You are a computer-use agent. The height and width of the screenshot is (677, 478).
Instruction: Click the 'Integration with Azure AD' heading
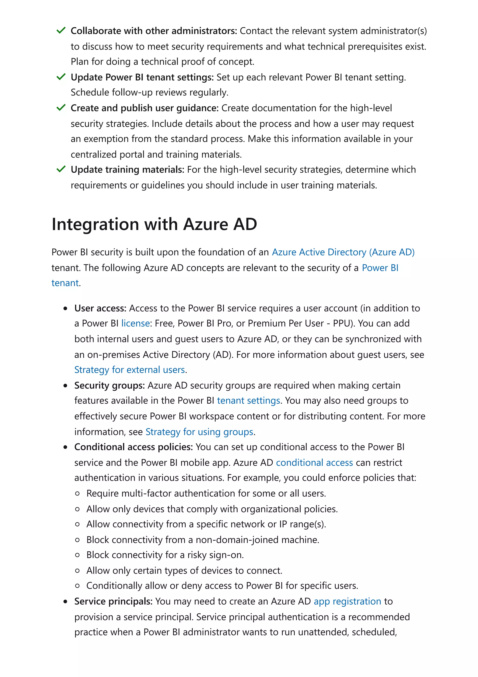click(x=154, y=224)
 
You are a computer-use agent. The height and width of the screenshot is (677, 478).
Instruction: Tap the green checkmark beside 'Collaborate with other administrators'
click(x=61, y=30)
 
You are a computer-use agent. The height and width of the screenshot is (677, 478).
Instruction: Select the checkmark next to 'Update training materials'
click(x=61, y=169)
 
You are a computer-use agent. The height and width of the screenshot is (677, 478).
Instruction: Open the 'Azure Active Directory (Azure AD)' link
click(x=343, y=252)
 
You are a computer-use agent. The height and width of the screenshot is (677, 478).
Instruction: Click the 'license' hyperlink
click(x=135, y=324)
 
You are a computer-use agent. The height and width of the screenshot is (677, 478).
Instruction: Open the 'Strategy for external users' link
click(x=129, y=370)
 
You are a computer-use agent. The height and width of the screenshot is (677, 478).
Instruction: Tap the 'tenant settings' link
click(x=248, y=401)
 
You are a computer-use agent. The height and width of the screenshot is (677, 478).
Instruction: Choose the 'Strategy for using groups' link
click(x=199, y=432)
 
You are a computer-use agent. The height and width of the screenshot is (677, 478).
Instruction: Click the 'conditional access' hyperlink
click(x=314, y=463)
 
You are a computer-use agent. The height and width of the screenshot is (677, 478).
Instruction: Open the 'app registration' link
click(x=347, y=601)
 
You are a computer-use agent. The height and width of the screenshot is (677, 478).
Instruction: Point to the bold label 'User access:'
click(x=100, y=308)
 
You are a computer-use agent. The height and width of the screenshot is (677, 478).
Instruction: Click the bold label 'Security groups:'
click(x=109, y=385)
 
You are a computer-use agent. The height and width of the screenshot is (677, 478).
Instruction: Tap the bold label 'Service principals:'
click(x=113, y=601)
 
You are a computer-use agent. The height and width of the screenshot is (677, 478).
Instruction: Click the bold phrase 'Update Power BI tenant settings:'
click(x=142, y=77)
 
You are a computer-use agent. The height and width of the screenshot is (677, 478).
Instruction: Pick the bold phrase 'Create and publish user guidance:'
click(x=144, y=108)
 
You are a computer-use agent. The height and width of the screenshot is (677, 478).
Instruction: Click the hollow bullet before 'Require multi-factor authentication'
click(x=77, y=494)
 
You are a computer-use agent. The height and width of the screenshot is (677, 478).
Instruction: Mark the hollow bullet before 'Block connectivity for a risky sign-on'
click(x=77, y=555)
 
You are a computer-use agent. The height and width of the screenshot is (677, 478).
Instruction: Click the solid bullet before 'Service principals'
click(x=65, y=602)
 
